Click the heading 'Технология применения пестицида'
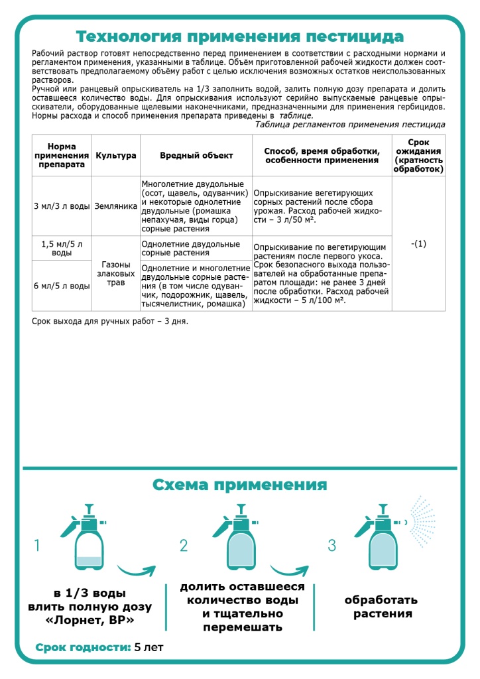point(239,36)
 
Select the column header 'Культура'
point(116,155)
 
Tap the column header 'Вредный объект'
point(196,155)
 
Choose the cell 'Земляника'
point(116,206)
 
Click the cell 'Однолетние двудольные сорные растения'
point(196,248)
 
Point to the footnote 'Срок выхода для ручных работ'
point(110,322)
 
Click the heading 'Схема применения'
point(239,484)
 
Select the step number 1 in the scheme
point(38,546)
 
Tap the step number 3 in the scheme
point(332,546)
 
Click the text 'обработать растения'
point(381,607)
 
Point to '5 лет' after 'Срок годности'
point(149,647)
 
